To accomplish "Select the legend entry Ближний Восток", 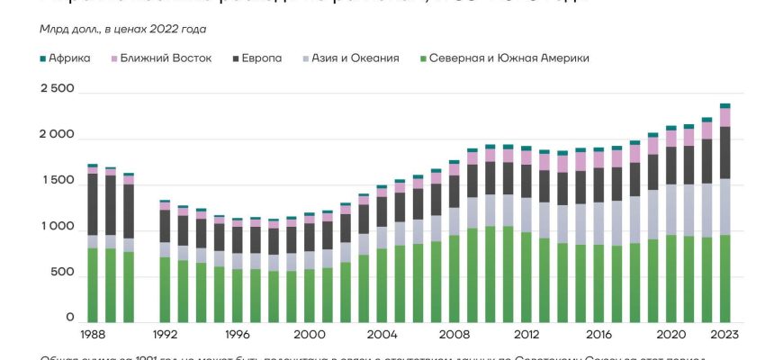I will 166,58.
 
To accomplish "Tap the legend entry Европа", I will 261,58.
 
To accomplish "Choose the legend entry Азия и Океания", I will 355,58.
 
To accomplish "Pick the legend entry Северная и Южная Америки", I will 508,58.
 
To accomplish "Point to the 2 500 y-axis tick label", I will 57,89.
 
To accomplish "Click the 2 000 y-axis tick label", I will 57,135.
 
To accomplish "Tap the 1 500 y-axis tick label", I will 57,181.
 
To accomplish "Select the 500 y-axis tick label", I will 62,274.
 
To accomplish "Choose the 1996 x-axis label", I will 237,334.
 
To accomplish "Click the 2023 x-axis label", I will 724,334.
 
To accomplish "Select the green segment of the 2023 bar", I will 724,278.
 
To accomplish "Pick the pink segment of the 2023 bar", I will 724,117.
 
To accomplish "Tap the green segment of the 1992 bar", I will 165,289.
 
